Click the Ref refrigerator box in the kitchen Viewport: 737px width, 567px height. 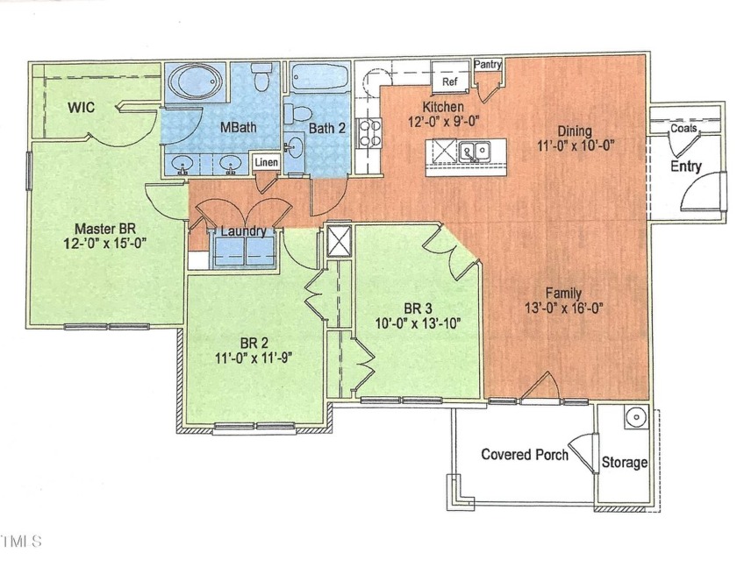click(449, 82)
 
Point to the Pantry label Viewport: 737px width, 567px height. click(488, 65)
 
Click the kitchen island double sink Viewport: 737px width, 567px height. click(476, 152)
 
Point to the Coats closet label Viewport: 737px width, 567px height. click(684, 128)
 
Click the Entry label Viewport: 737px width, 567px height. click(685, 166)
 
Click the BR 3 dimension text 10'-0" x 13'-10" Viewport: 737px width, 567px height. click(419, 322)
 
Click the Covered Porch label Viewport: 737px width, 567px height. click(525, 454)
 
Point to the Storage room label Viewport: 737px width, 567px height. click(624, 462)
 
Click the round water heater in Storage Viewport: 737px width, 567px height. click(635, 417)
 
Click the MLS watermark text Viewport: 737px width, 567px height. click(21, 541)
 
